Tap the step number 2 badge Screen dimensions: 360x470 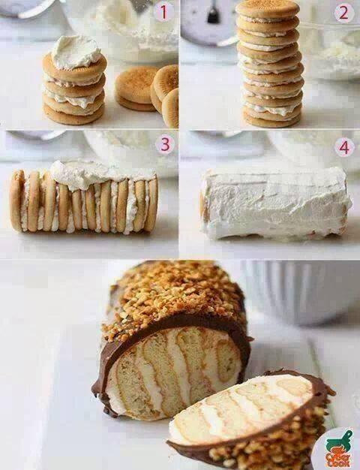343,14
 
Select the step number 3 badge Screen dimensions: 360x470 165,144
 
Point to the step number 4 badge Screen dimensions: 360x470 343,147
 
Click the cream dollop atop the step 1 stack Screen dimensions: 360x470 76,52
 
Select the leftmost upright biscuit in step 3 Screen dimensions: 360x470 16,200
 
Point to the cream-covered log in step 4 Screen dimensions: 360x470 275,203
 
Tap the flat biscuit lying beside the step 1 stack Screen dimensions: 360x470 135,89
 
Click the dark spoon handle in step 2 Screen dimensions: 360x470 213,13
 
